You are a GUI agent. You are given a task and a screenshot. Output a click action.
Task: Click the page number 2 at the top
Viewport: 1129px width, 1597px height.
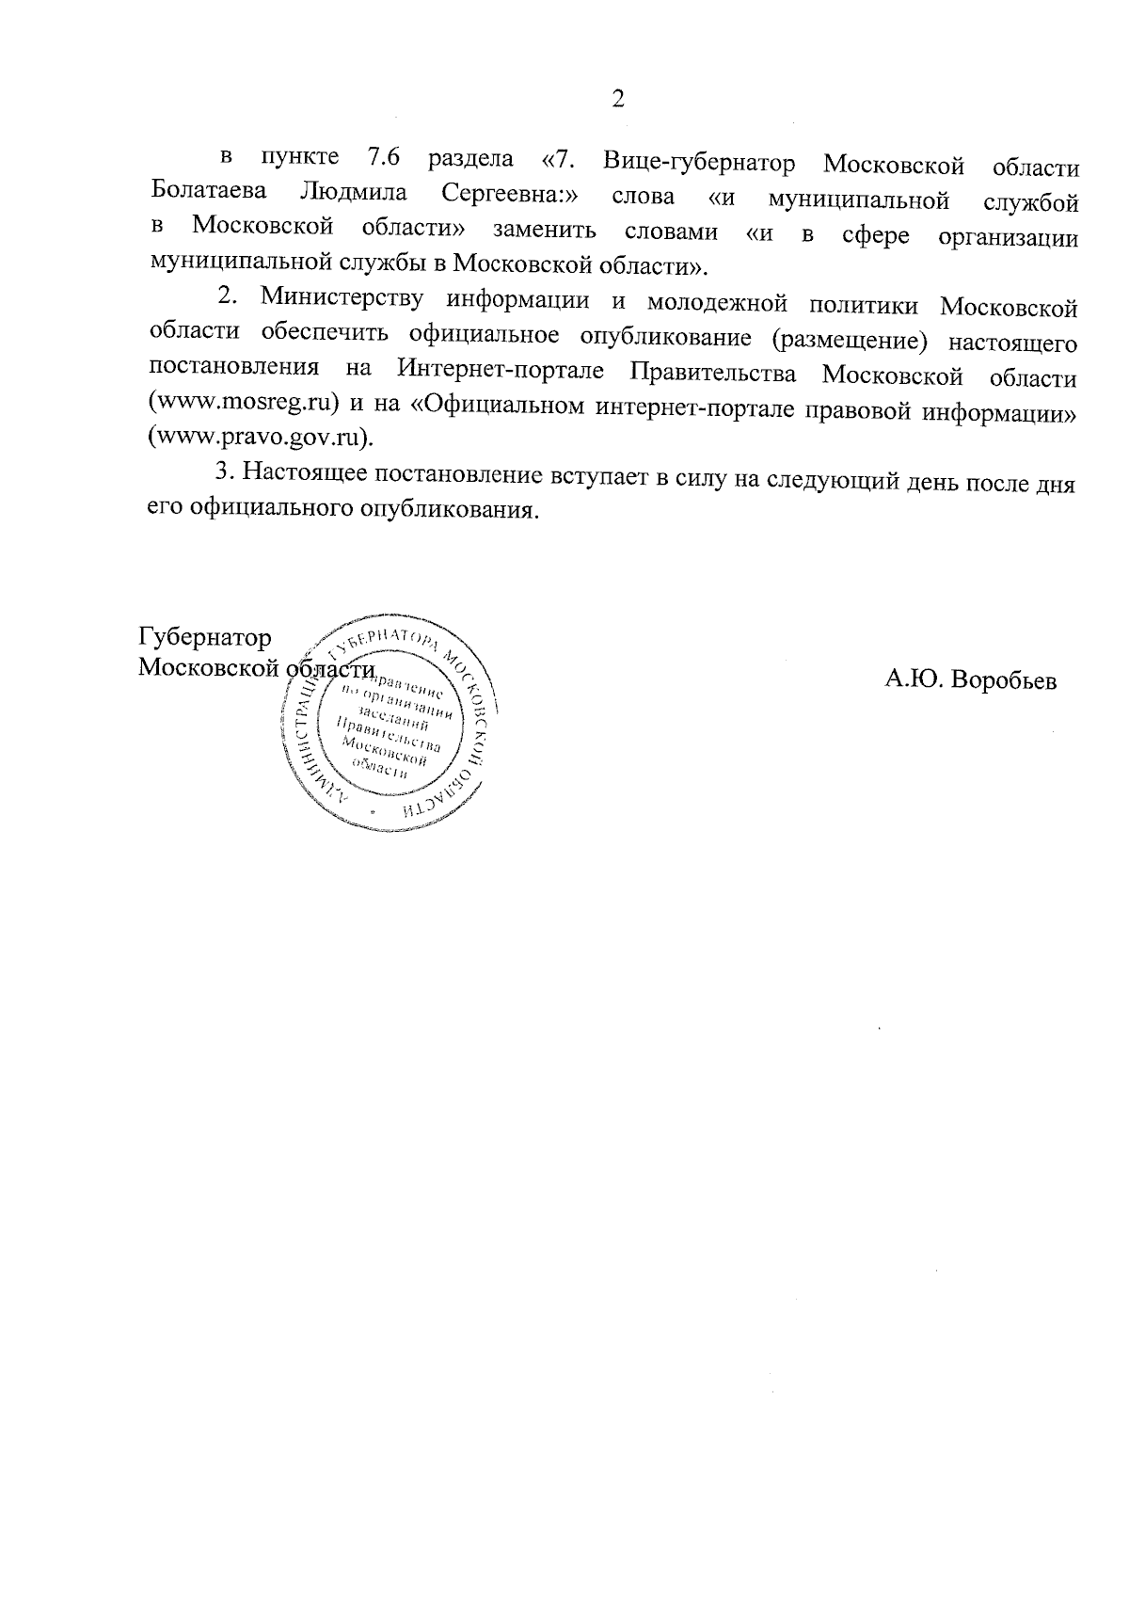[618, 98]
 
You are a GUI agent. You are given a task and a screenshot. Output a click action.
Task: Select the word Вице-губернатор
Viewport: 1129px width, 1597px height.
[699, 163]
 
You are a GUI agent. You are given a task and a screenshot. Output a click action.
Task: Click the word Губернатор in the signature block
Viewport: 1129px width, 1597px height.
[205, 637]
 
